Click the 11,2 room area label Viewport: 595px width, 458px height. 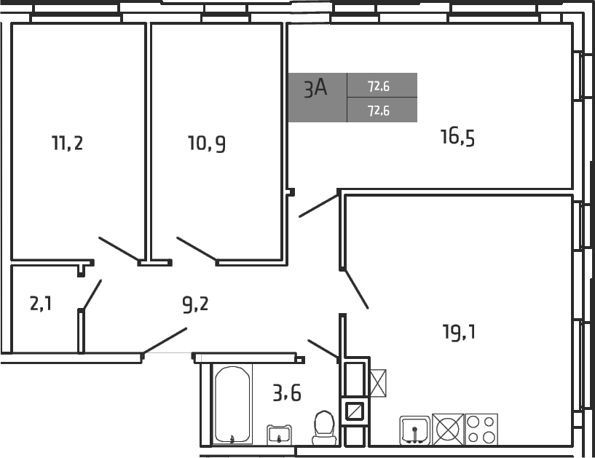point(67,143)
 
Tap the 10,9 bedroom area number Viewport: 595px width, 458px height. point(206,143)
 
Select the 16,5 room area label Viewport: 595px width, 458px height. point(457,136)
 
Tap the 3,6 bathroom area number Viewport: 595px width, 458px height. point(286,394)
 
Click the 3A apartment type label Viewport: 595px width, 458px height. point(315,89)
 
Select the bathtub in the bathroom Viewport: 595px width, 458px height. point(232,405)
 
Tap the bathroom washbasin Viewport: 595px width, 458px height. point(279,435)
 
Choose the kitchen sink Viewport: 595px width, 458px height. point(414,430)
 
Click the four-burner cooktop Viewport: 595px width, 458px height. point(481,429)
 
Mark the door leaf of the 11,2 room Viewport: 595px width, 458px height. point(119,249)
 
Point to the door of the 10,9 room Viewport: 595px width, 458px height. point(196,248)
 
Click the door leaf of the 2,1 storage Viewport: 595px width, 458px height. point(91,295)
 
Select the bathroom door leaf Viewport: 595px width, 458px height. point(323,349)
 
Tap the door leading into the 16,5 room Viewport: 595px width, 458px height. point(319,205)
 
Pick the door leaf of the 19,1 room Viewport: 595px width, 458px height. point(356,290)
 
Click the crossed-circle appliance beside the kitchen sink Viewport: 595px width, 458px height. point(448,429)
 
